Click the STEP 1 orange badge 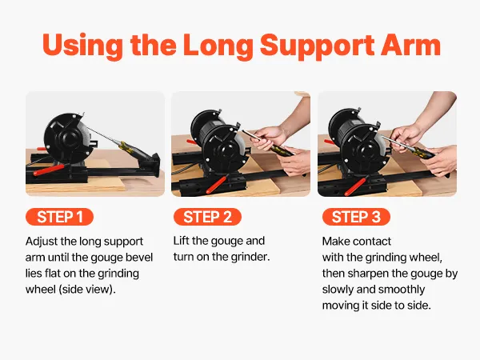tap(59, 217)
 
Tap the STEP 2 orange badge tap(207, 217)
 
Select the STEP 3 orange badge tap(356, 217)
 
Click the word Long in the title tap(218, 46)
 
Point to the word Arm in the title tap(411, 45)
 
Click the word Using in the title tap(83, 46)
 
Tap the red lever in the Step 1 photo tap(48, 170)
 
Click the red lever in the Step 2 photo tap(217, 183)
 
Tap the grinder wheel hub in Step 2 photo tap(225, 150)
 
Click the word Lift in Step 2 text tap(181, 241)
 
